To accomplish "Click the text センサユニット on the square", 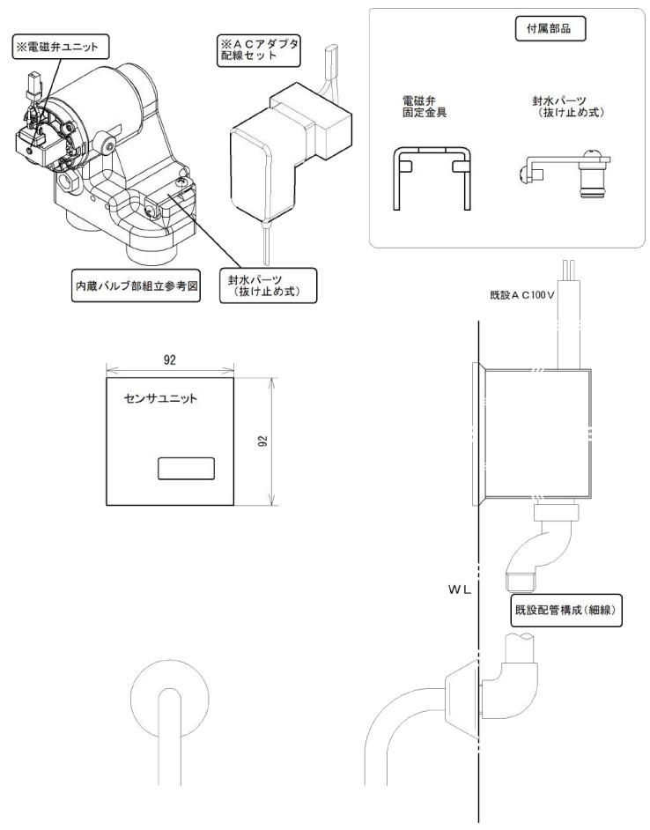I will click(x=160, y=399).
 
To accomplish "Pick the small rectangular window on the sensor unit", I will click(x=186, y=468).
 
